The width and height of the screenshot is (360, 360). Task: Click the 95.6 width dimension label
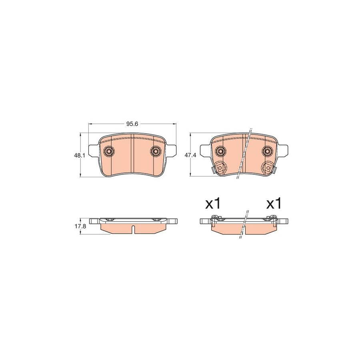(x=132, y=124)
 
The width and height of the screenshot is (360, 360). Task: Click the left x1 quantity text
(x=213, y=204)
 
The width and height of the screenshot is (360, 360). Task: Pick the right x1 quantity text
(x=274, y=204)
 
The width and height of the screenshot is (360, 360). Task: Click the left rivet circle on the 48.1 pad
(x=108, y=151)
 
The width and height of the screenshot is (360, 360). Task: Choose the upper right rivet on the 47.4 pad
(x=267, y=151)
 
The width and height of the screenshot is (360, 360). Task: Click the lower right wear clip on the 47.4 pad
(x=268, y=168)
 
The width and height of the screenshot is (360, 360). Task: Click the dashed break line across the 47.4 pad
(x=244, y=154)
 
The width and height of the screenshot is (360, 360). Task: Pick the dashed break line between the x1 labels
(x=244, y=224)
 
